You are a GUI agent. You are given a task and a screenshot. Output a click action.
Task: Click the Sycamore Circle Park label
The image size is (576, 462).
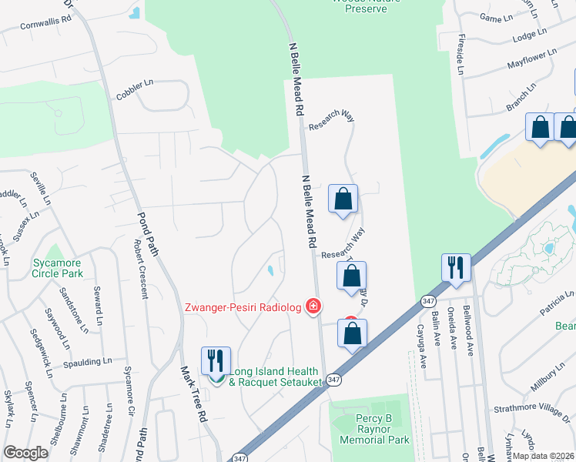click(57, 268)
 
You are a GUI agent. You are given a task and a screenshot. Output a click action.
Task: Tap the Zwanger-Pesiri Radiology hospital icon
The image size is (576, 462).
click(313, 307)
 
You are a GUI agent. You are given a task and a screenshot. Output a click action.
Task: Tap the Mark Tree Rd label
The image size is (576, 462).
click(193, 392)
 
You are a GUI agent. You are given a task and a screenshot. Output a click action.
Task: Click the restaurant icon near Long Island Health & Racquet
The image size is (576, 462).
click(216, 360)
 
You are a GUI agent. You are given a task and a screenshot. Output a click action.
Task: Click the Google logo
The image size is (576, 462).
click(26, 453)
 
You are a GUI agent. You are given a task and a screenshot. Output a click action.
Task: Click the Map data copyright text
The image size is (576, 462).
click(543, 456)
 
